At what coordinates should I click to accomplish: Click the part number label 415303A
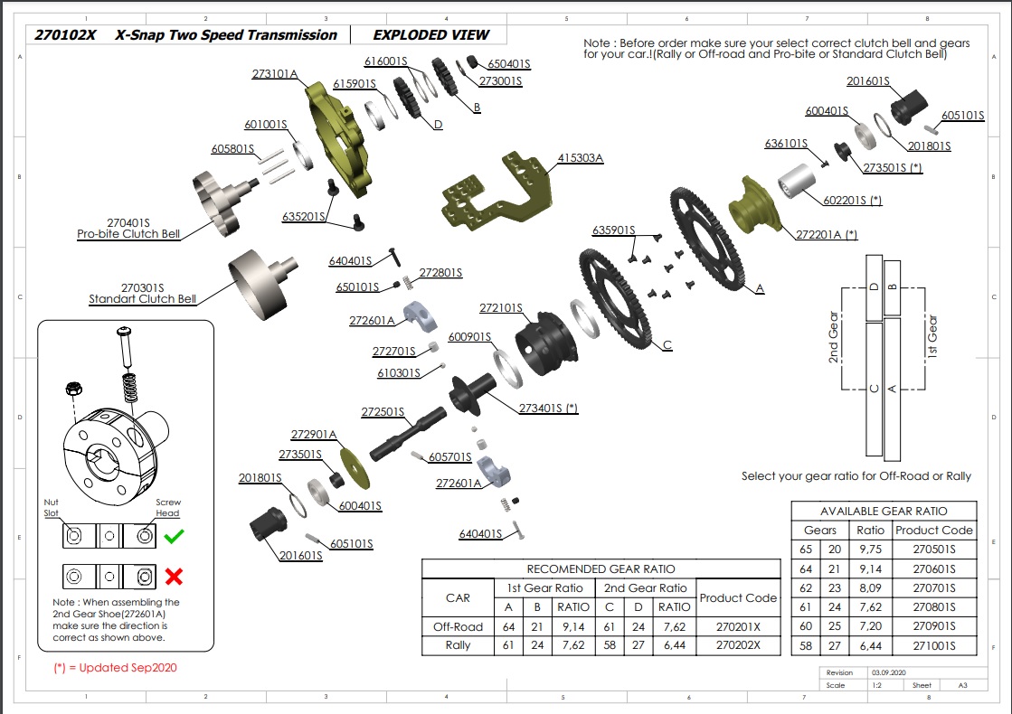tap(580, 157)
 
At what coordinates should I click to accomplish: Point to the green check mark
tap(175, 537)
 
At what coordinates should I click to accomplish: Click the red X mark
tap(174, 577)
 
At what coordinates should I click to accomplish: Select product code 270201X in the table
tap(738, 626)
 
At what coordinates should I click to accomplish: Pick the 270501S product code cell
tap(934, 549)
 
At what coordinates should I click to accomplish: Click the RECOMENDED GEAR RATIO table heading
tap(601, 568)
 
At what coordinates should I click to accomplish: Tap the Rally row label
tap(458, 645)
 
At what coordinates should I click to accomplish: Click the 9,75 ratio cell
tap(870, 549)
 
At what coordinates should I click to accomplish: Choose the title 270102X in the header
tap(65, 35)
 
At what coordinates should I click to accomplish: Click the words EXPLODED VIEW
tap(430, 35)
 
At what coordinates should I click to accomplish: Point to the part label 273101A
tap(275, 74)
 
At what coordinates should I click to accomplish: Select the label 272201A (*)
tap(826, 234)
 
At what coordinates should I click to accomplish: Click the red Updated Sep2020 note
tap(115, 668)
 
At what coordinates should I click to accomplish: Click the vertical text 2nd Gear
tap(834, 337)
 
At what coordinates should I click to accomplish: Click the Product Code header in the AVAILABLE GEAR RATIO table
tap(934, 530)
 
